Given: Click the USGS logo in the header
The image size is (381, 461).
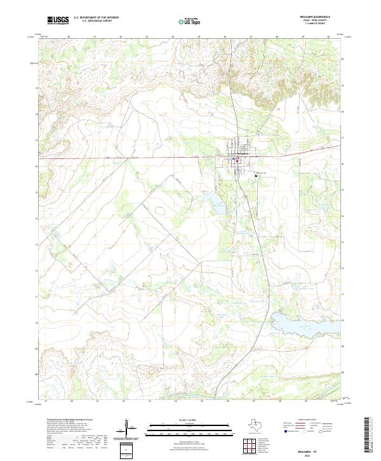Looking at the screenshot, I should (x=58, y=20).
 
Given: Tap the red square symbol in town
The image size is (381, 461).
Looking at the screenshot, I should (x=237, y=161).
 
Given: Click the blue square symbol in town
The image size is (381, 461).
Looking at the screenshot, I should (x=234, y=158).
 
